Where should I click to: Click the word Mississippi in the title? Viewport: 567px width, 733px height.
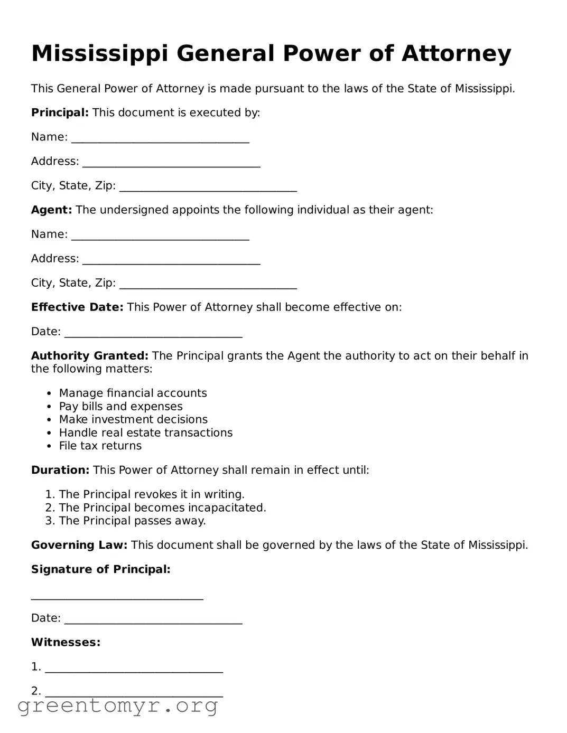(100, 54)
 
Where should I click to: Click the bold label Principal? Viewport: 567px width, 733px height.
(60, 112)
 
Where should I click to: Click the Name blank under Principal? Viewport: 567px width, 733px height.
(160, 139)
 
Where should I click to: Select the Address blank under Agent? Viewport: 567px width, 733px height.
(171, 260)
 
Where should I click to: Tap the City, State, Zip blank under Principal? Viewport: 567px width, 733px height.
(208, 187)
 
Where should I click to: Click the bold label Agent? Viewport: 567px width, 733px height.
(51, 210)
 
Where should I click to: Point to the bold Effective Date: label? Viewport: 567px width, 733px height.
(77, 307)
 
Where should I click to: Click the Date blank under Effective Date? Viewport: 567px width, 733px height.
(153, 333)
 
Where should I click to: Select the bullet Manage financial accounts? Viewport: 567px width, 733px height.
(133, 393)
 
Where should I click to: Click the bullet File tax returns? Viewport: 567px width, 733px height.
(100, 446)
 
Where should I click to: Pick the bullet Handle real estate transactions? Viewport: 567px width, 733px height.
(145, 433)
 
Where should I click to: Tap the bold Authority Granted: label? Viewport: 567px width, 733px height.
(90, 355)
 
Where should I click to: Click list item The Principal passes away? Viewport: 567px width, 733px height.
(132, 521)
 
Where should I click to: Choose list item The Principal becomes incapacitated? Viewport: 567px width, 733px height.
(162, 508)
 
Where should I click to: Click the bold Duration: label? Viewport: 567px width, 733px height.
(60, 470)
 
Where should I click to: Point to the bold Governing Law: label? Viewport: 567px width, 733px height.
(79, 545)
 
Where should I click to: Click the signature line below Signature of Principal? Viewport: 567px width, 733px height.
(117, 596)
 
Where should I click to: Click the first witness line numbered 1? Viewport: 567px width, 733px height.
(134, 669)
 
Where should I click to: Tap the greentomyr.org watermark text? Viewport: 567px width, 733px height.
(118, 706)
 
